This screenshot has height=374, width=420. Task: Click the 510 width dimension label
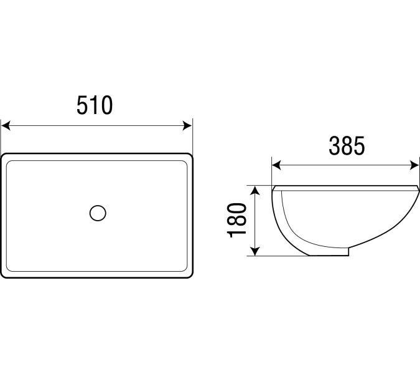(x=95, y=105)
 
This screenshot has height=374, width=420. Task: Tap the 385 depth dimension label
(x=347, y=146)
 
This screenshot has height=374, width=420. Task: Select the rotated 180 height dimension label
(x=236, y=220)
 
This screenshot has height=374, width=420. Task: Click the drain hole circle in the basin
(x=98, y=213)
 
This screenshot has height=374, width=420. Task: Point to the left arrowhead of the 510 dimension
(x=6, y=125)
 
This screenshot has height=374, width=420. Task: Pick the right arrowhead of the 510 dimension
(x=187, y=125)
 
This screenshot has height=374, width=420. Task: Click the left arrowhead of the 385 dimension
(x=276, y=165)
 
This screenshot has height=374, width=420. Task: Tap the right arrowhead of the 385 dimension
(x=414, y=165)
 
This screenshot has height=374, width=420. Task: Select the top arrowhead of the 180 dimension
(x=255, y=190)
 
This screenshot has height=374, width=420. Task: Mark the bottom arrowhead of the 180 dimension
(x=255, y=251)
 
